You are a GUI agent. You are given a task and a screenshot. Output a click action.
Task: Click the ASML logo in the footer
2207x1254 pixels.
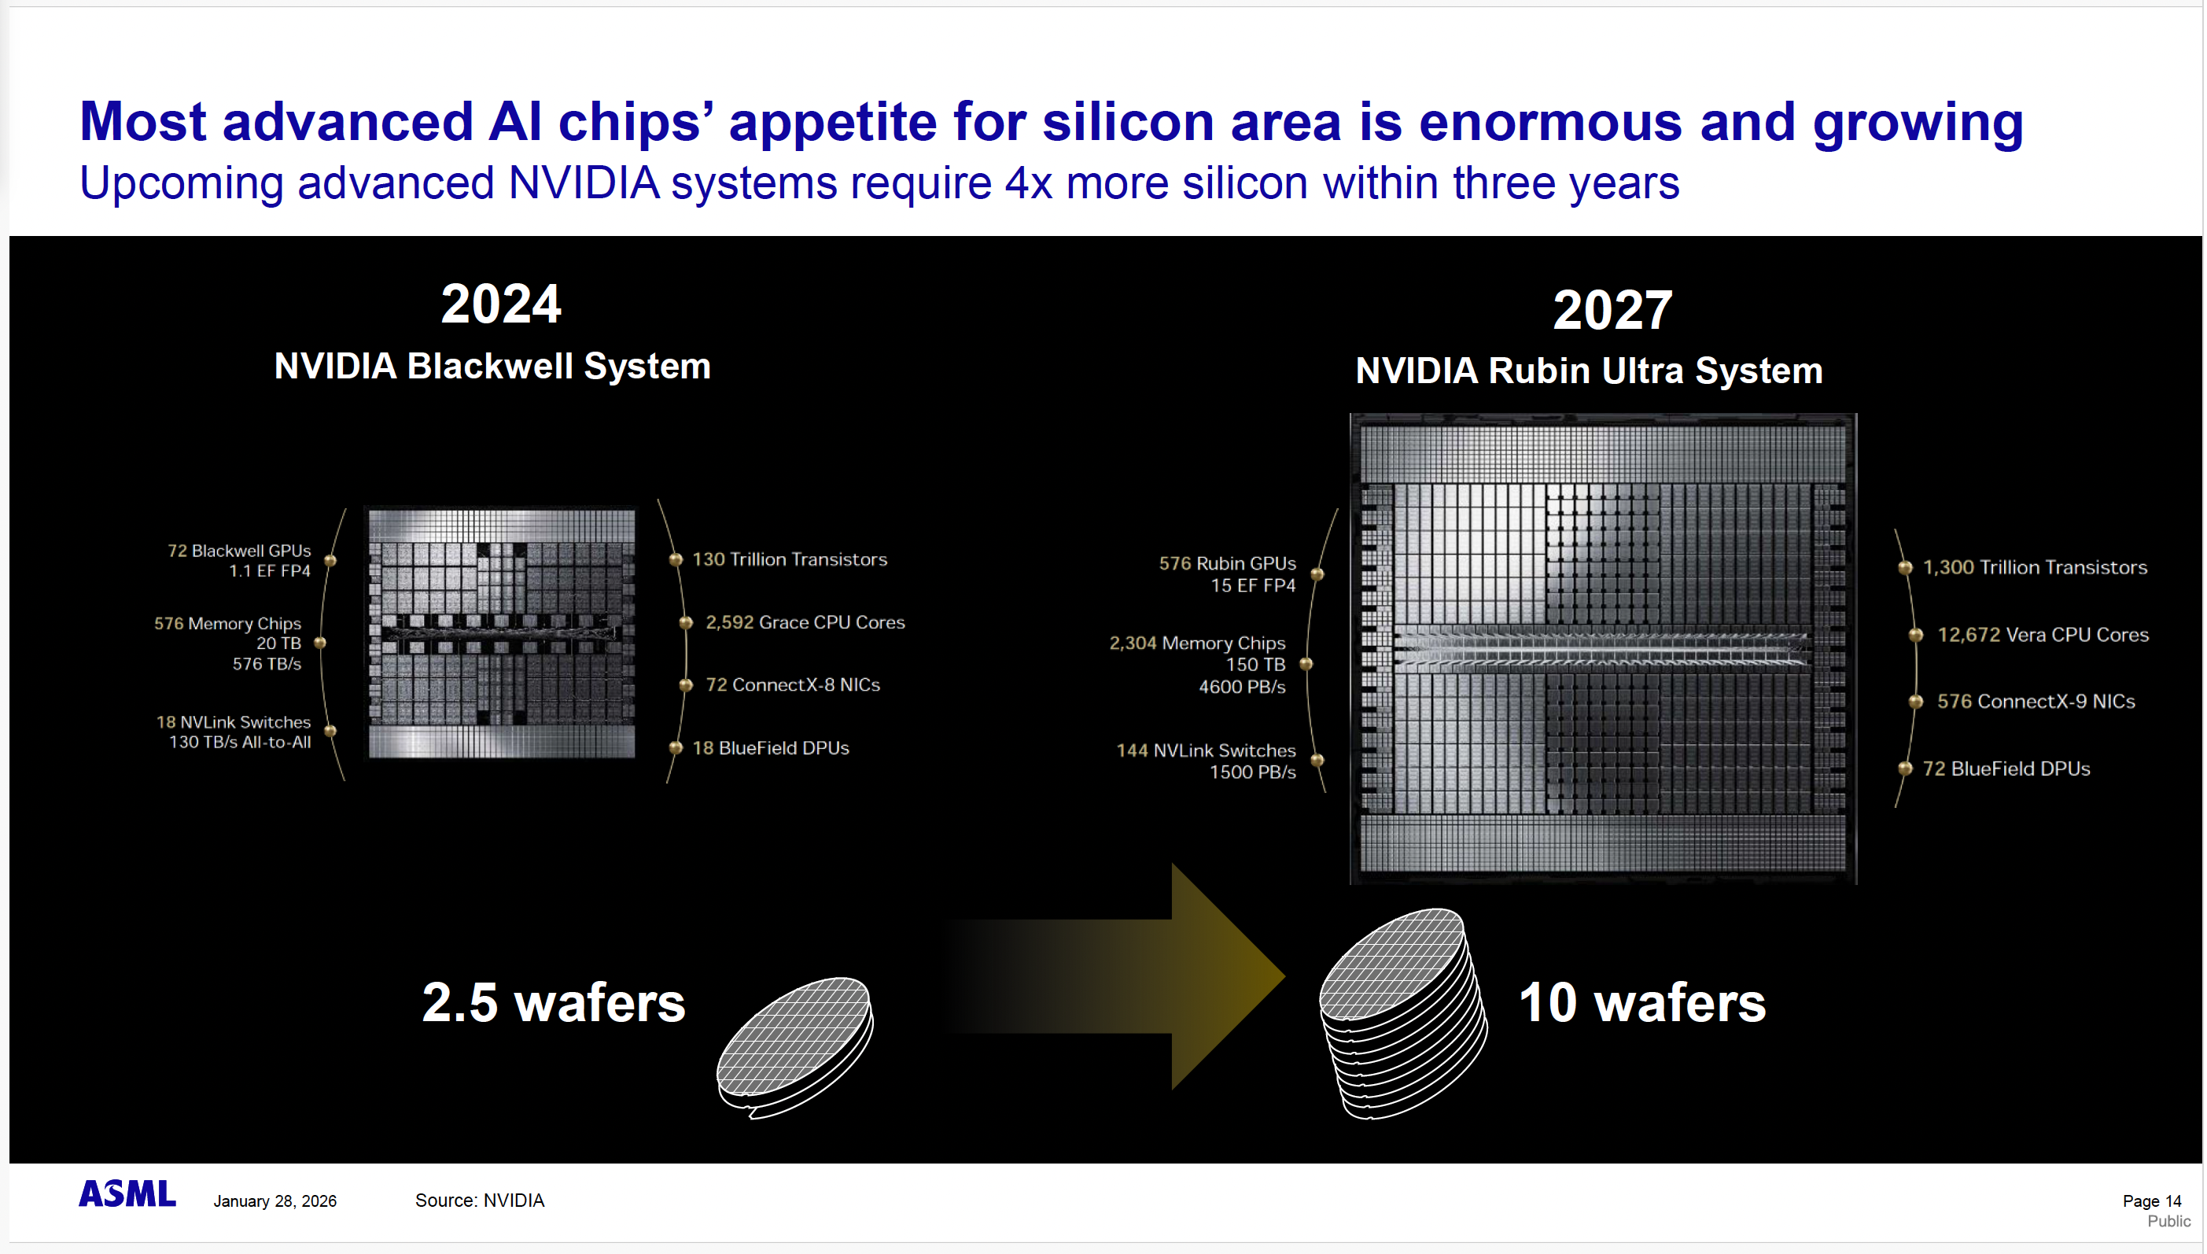click(x=127, y=1193)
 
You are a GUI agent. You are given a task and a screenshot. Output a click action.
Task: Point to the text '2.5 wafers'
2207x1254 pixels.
click(x=554, y=1002)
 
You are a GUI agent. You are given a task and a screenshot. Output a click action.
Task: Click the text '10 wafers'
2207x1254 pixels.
click(x=1642, y=1002)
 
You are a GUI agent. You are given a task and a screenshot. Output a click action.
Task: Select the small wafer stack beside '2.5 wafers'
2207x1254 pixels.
click(x=796, y=1047)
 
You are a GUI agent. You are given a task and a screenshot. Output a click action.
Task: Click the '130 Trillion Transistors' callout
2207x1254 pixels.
click(x=790, y=560)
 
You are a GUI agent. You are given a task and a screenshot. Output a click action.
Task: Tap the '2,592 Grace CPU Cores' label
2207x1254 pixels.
click(x=805, y=623)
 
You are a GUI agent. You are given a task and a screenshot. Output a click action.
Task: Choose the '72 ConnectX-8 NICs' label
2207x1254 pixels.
click(x=793, y=684)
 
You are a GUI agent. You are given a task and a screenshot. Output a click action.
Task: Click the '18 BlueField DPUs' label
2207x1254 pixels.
click(x=771, y=748)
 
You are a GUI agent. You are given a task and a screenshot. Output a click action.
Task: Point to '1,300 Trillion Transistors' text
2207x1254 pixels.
click(x=2035, y=567)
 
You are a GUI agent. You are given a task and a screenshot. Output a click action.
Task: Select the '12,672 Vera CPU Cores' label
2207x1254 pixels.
click(x=2043, y=635)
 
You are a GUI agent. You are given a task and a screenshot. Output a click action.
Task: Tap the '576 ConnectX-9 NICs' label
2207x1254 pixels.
click(x=2036, y=702)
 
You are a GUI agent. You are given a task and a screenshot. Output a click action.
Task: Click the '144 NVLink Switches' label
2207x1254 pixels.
click(x=1206, y=751)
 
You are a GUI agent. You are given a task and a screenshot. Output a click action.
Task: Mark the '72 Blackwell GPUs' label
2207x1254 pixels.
click(x=239, y=551)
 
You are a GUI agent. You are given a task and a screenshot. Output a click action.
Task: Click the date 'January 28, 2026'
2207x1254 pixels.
click(x=274, y=1201)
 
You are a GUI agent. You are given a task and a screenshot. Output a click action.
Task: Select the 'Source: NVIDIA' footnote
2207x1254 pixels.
click(x=480, y=1201)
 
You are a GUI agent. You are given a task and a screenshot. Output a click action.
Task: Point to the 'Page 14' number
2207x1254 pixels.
click(x=2152, y=1201)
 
